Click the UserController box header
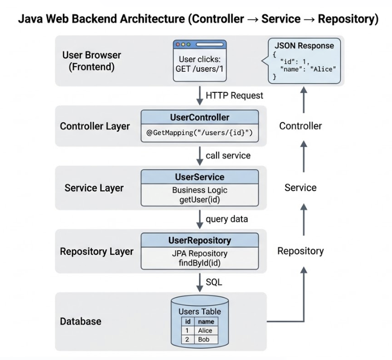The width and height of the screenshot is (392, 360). coord(200,118)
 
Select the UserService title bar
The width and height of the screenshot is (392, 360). coord(200,177)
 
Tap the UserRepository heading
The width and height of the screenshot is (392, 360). coord(200,240)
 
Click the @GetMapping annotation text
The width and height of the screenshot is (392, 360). coord(200,134)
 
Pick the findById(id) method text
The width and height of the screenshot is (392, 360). coord(200,263)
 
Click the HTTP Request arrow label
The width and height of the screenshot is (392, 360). coord(234,95)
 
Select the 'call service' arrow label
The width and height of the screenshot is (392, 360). coord(228,155)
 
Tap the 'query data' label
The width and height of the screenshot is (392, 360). coord(227,219)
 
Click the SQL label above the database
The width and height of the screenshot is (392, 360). coord(214,281)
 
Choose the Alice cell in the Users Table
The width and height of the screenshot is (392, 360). coord(205,330)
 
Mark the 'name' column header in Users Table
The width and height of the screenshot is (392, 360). coord(206,322)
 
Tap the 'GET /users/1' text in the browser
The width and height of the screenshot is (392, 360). coord(200,69)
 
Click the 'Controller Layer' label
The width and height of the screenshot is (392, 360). coord(94,126)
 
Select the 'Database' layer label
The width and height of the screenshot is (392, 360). coord(81,321)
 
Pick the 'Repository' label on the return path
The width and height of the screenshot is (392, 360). coord(300,251)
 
